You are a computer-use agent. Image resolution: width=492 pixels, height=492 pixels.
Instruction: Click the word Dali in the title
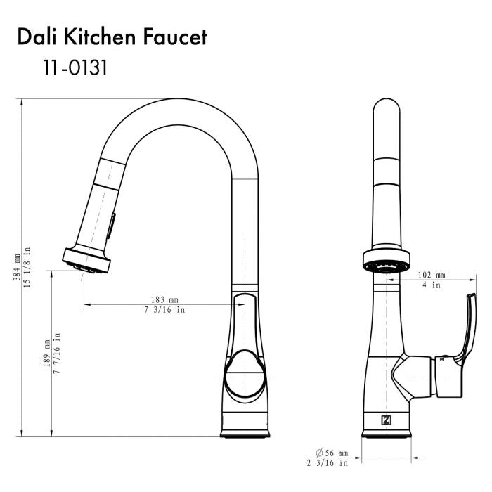(x=38, y=37)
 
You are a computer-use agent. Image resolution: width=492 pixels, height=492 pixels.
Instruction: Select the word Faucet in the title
(x=175, y=37)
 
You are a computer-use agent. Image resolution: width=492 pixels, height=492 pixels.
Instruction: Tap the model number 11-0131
(x=75, y=67)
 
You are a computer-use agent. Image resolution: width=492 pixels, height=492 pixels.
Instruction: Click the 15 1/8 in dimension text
(x=27, y=267)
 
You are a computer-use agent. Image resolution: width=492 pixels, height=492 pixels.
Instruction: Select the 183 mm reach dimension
(x=164, y=299)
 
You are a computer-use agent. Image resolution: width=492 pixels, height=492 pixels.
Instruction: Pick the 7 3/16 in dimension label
(x=164, y=310)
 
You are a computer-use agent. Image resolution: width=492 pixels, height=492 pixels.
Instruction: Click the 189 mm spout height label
(x=47, y=354)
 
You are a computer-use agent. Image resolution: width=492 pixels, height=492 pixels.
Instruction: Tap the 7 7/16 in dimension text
(x=56, y=353)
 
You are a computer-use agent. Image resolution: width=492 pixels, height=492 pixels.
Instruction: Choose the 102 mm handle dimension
(x=432, y=275)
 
